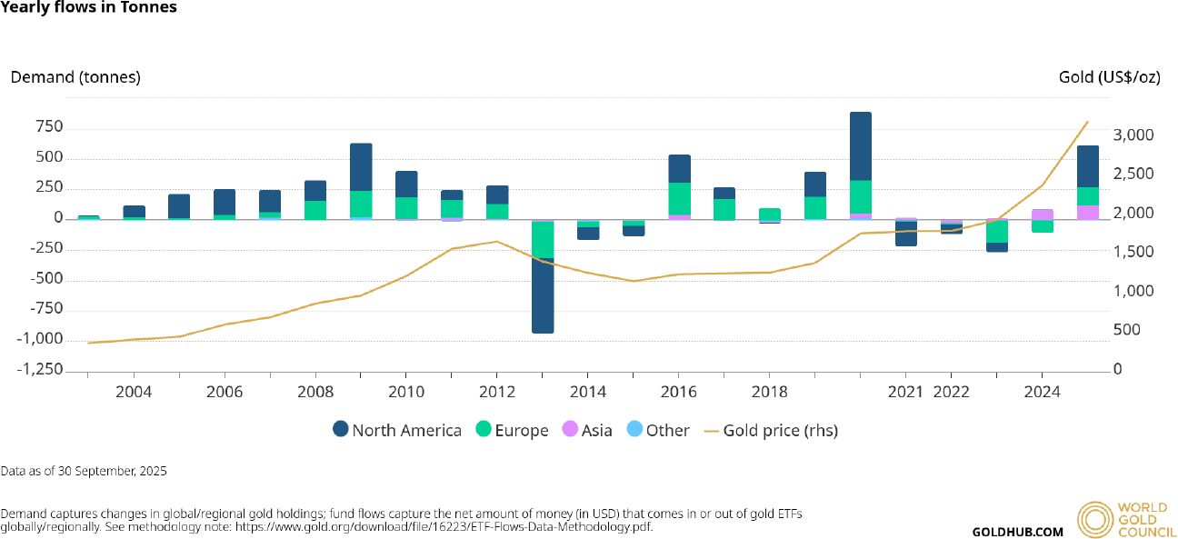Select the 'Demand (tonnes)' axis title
[75, 77]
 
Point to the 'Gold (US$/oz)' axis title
[1109, 77]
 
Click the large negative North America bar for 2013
[543, 295]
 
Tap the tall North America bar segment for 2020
[860, 146]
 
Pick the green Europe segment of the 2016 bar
[679, 198]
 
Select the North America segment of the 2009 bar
[361, 167]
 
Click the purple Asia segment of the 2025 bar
[1087, 212]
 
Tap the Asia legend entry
[586, 430]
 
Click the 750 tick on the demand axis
[49, 127]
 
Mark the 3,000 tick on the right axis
[1133, 135]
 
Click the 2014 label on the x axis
[588, 392]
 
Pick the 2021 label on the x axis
[905, 392]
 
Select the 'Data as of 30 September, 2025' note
[84, 471]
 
